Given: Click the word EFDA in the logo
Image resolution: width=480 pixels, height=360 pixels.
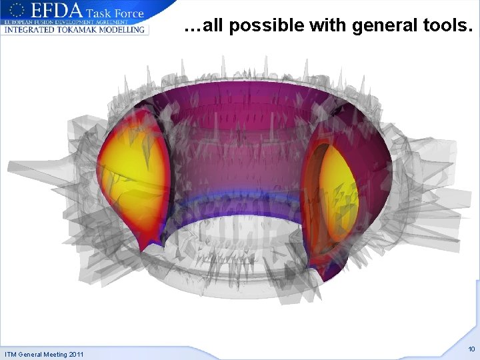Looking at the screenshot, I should [x=58, y=11].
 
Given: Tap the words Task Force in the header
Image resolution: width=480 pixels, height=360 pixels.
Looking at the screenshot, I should [x=115, y=11].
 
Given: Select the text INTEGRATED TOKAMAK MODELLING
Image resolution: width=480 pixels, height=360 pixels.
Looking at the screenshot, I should [x=74, y=29].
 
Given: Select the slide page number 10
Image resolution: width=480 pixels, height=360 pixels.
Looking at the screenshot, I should [x=471, y=349].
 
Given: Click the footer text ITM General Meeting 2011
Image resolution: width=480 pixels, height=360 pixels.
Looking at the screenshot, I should [x=44, y=354].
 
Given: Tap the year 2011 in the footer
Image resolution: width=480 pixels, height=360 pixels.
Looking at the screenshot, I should [x=75, y=354].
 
